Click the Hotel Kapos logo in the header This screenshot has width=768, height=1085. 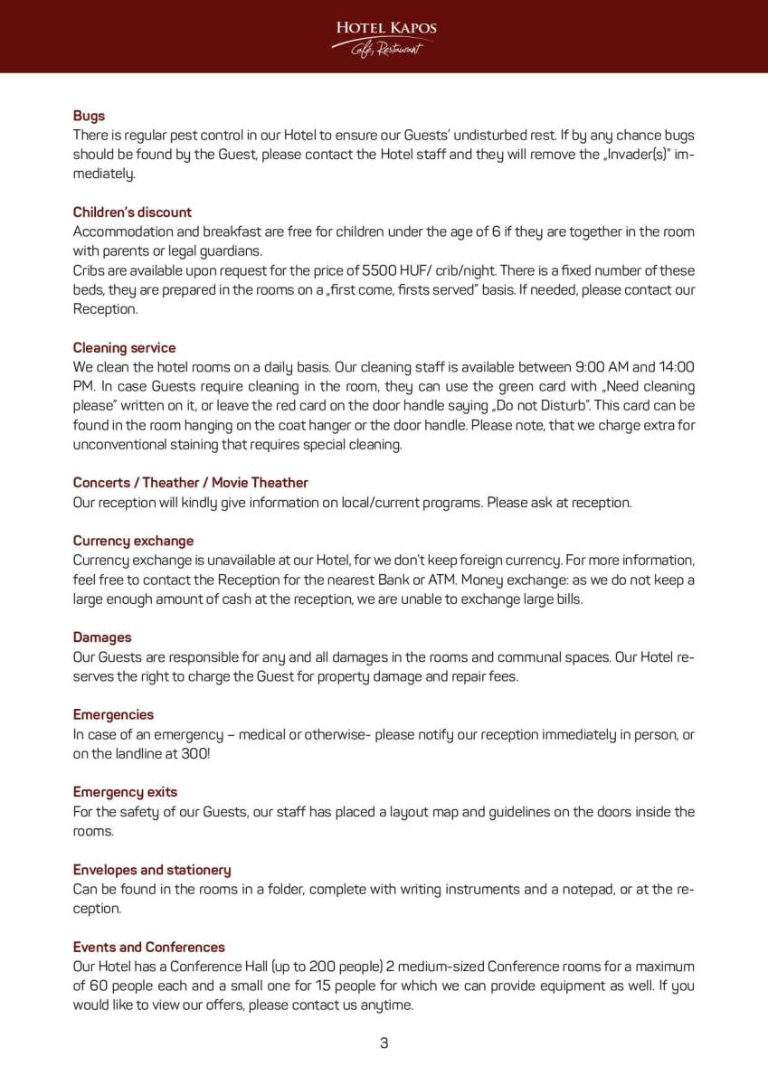(x=384, y=36)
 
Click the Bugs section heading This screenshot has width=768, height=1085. (x=89, y=116)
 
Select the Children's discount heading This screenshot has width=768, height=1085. (x=132, y=212)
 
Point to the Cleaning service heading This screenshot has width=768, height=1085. (x=124, y=348)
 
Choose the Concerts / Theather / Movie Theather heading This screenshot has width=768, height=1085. (x=190, y=483)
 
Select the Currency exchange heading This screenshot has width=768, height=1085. (x=133, y=541)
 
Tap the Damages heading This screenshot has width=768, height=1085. (x=102, y=637)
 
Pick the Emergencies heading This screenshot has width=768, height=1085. (x=113, y=714)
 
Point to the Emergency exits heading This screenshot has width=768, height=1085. (x=125, y=792)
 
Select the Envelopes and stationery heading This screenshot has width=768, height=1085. (x=152, y=870)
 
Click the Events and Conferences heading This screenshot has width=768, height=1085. (x=148, y=948)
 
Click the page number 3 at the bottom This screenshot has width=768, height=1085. (x=384, y=1043)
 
